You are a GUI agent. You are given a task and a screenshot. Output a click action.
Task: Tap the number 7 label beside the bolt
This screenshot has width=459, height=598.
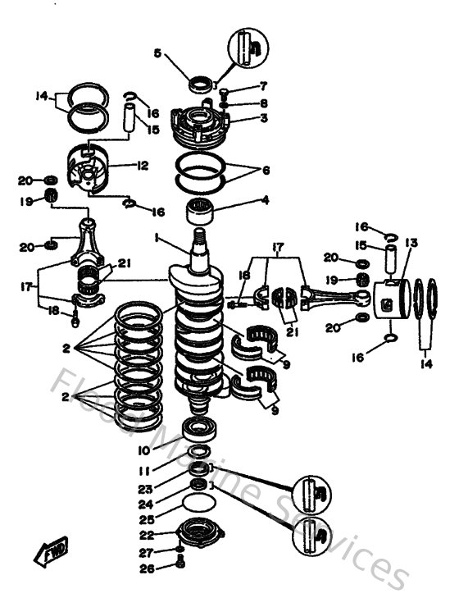click(x=264, y=85)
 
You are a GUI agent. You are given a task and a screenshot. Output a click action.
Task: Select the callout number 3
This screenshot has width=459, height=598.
click(x=264, y=118)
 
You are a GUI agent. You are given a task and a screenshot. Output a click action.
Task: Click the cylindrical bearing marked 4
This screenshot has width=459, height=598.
click(x=202, y=212)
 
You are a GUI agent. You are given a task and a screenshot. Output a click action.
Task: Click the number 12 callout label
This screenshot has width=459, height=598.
click(x=143, y=166)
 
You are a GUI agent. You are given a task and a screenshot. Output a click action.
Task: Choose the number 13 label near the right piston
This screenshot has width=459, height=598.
click(x=411, y=243)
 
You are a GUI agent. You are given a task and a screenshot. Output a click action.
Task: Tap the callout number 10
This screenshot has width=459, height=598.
click(x=143, y=450)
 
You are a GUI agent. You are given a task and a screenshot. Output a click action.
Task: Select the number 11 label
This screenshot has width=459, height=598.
click(x=143, y=472)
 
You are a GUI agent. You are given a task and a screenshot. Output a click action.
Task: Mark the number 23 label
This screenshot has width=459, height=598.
click(x=143, y=489)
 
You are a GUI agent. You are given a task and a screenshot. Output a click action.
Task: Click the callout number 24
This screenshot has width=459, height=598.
click(x=143, y=504)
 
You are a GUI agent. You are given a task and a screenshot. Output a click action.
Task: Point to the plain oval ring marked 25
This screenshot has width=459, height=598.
click(x=198, y=503)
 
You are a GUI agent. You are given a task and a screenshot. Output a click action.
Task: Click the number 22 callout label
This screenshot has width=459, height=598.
click(x=143, y=535)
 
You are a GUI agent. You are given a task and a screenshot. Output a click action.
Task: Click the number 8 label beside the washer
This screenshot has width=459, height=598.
click(x=264, y=103)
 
